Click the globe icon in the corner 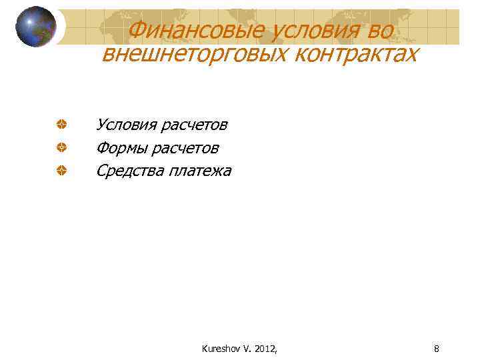tap(35, 27)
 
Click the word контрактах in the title tap(351, 54)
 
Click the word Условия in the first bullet tap(125, 125)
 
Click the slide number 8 tap(436, 347)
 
